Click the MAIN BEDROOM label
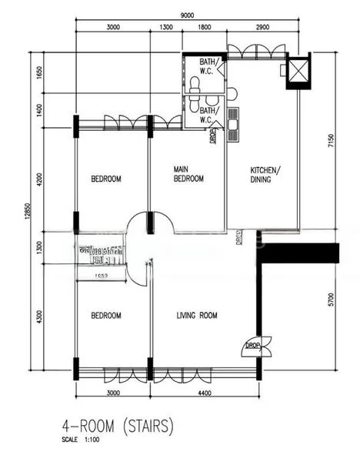188,174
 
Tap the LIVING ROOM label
197,315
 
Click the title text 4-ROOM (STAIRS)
117,424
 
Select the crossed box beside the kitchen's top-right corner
296,70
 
